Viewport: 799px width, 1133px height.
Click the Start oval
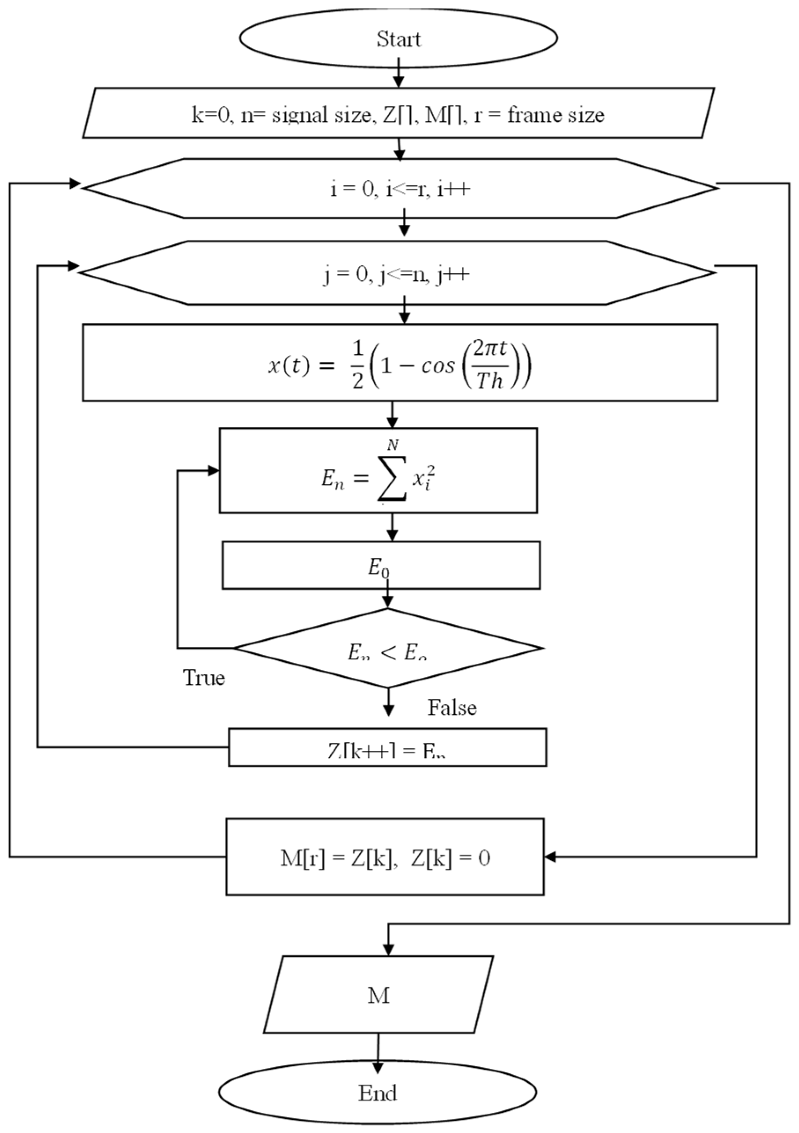click(398, 39)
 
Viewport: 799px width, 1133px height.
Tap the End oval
click(377, 1093)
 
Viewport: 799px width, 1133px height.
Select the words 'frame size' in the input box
click(556, 115)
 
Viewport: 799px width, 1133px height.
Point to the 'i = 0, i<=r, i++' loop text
click(400, 189)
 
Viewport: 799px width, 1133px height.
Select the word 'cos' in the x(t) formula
click(437, 366)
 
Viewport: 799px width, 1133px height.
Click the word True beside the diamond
click(204, 678)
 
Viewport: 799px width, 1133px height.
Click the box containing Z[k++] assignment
click(387, 747)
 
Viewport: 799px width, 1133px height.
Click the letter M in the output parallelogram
click(379, 996)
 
